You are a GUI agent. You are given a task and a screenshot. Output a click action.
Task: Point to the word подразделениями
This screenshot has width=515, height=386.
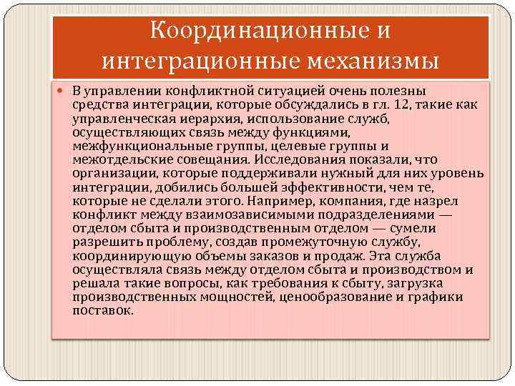click(x=348, y=214)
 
